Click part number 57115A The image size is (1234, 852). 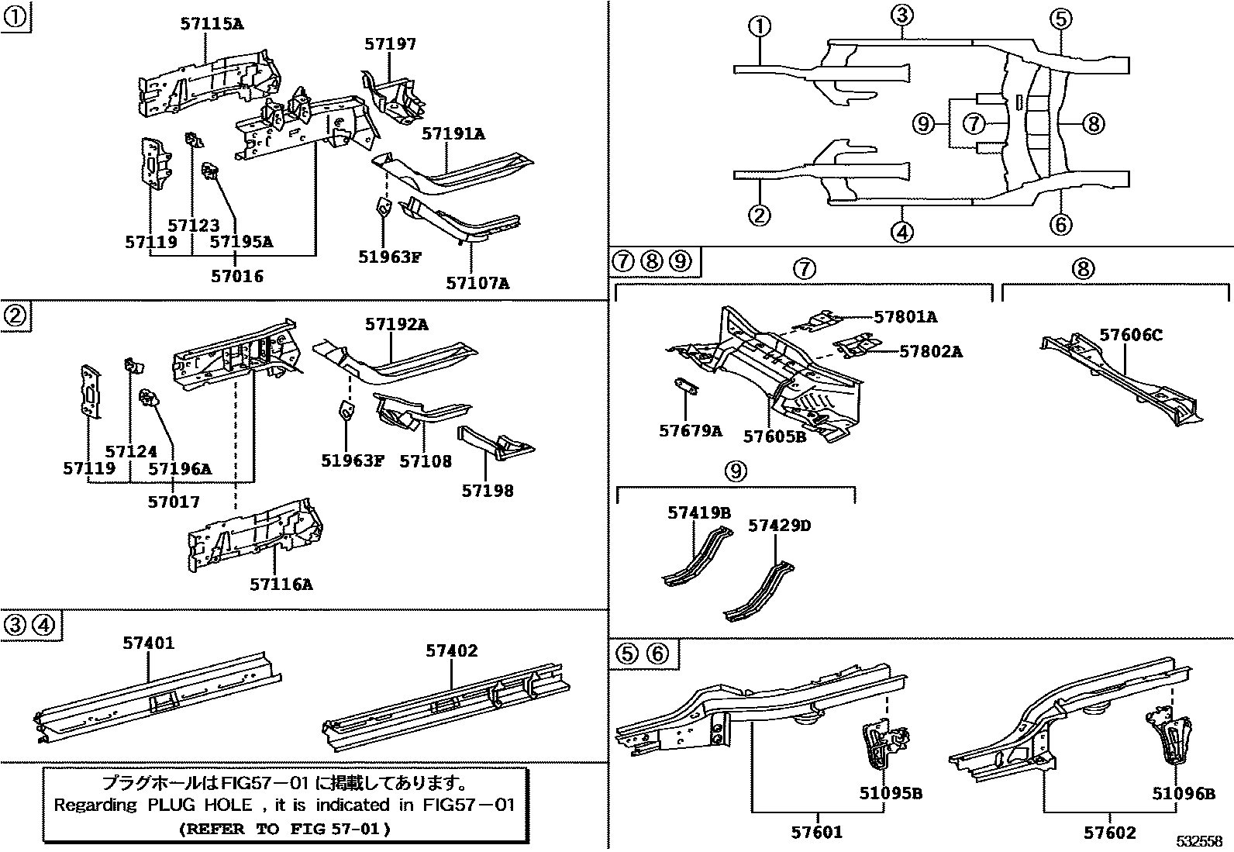tap(211, 24)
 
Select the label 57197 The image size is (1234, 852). tap(390, 44)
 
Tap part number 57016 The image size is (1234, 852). tap(236, 276)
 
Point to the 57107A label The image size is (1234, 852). tap(477, 283)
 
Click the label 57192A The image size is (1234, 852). tap(396, 324)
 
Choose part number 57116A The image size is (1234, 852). tap(281, 584)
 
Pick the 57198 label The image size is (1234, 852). tap(487, 490)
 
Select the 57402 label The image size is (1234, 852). tap(451, 651)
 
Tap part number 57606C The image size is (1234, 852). tap(1131, 335)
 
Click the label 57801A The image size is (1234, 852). tap(905, 316)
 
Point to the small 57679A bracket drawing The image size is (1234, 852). tap(684, 387)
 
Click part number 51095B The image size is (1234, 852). tap(890, 793)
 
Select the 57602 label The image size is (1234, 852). tap(1109, 833)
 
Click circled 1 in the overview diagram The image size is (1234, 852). tap(760, 26)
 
